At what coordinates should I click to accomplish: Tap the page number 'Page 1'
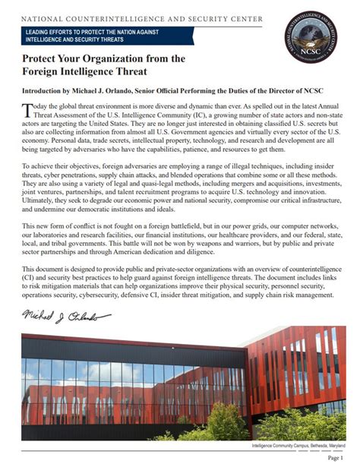[x=335, y=458]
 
